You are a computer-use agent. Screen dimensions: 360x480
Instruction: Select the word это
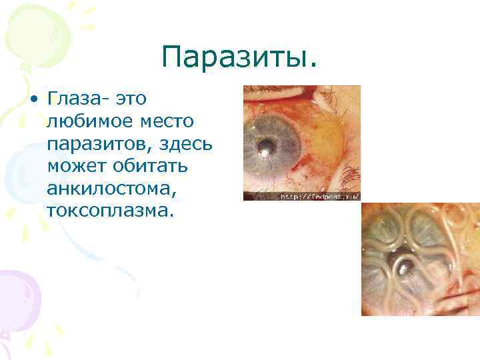131,100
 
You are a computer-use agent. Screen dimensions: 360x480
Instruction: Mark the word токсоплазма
109,211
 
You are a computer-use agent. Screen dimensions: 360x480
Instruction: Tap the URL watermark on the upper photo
319,197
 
